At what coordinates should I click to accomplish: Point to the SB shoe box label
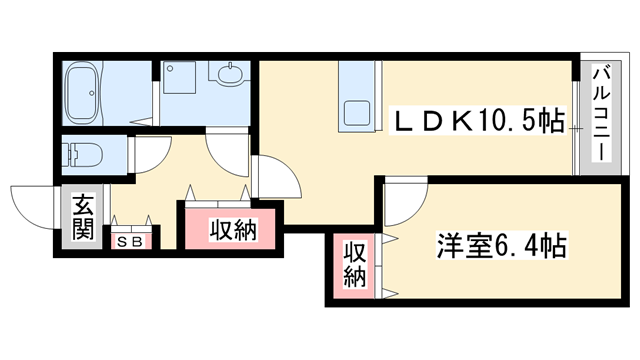pyautogui.click(x=130, y=241)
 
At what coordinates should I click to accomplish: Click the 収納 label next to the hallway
pyautogui.click(x=233, y=229)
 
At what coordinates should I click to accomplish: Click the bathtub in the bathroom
pyautogui.click(x=90, y=92)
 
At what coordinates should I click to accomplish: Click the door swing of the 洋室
pyautogui.click(x=399, y=201)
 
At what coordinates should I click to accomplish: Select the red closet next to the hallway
pyautogui.click(x=232, y=227)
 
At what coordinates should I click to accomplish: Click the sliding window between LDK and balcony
pyautogui.click(x=577, y=125)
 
